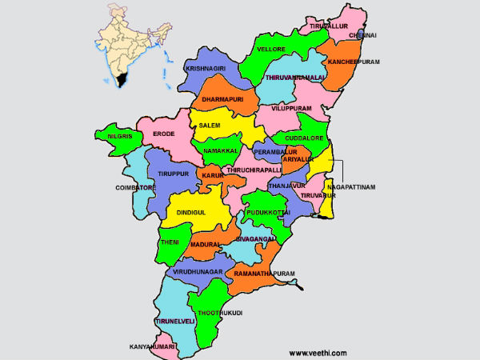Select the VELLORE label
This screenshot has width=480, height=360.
(271, 50)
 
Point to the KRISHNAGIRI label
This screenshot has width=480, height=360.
(206, 69)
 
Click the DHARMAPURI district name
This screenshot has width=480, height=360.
(222, 98)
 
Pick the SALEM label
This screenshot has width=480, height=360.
(210, 126)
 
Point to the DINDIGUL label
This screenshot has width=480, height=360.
(191, 212)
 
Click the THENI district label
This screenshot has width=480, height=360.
(170, 242)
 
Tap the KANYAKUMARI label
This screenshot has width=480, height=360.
(153, 347)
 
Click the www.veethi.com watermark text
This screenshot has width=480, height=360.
(318, 351)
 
